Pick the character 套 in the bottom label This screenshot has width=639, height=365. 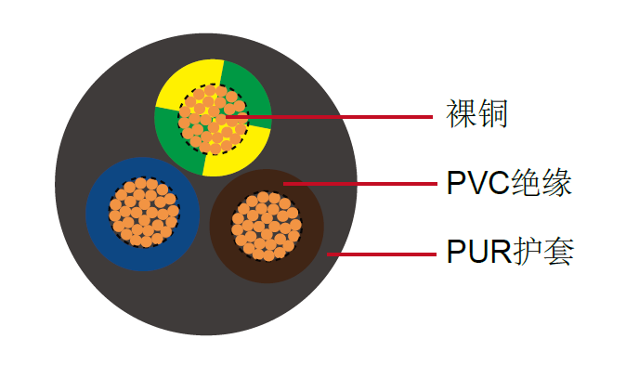click(557, 251)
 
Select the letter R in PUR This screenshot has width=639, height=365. click(500, 252)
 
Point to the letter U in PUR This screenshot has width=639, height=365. click(478, 252)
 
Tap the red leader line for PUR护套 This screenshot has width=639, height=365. click(390, 252)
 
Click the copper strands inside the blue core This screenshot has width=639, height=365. click(144, 213)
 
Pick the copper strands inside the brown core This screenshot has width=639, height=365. click(266, 226)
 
